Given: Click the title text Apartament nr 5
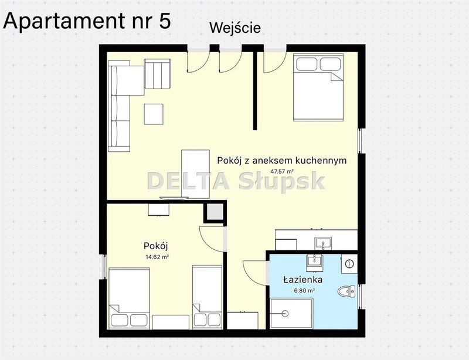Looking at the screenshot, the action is pyautogui.click(x=87, y=21).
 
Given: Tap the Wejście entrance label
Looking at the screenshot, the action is pyautogui.click(x=235, y=28).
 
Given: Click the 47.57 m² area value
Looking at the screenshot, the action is pyautogui.click(x=282, y=171).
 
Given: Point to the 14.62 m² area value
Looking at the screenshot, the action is pyautogui.click(x=157, y=257).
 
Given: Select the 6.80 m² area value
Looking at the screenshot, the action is pyautogui.click(x=304, y=290).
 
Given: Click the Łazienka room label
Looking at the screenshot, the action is pyautogui.click(x=303, y=280).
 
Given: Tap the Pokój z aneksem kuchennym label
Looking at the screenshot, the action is pyautogui.click(x=282, y=161).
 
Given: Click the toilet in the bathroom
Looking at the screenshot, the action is pyautogui.click(x=346, y=291).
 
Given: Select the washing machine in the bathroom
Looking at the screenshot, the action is pyautogui.click(x=349, y=264).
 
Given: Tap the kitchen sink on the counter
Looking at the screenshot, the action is pyautogui.click(x=323, y=243).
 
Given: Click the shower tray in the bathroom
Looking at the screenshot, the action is pyautogui.click(x=291, y=313).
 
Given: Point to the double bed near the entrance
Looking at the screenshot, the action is pyautogui.click(x=318, y=87).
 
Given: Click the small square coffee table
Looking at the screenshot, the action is pyautogui.click(x=154, y=114).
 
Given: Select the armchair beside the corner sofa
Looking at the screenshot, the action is pyautogui.click(x=158, y=74).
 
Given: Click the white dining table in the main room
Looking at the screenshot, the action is pyautogui.click(x=195, y=174).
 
